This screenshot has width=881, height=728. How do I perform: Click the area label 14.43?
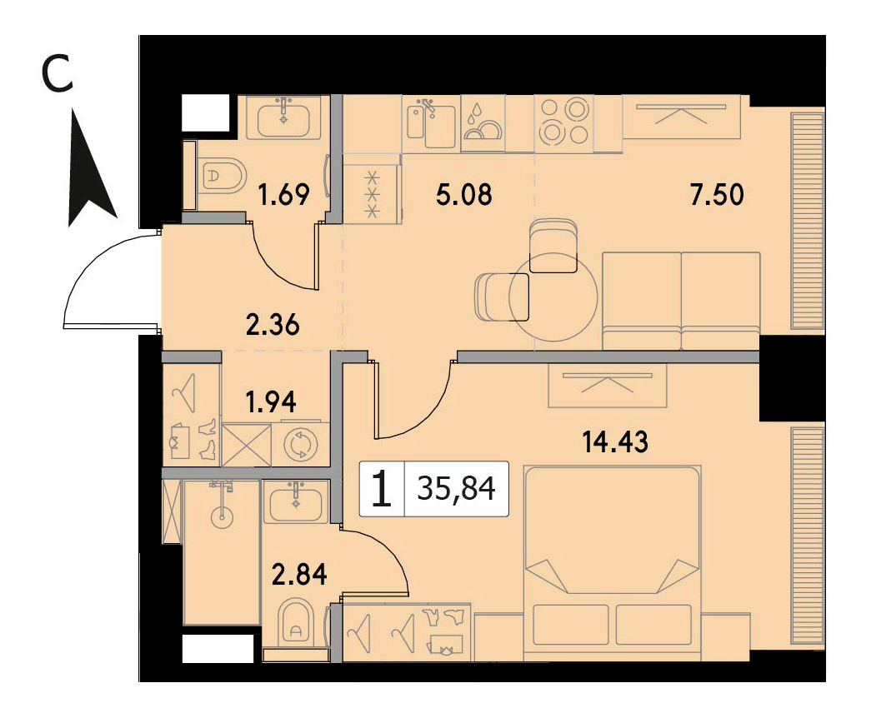pos(614,441)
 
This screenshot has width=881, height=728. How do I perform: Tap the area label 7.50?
pos(717,195)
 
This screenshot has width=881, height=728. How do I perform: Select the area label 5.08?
pos(464,195)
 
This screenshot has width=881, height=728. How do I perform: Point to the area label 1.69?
pos(283,195)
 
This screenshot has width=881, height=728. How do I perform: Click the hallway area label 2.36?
pos(273,324)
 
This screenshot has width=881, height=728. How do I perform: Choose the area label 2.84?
pos(299,575)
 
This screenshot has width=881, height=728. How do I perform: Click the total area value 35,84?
pos(456,489)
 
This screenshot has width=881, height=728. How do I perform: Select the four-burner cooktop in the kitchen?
pos(563,122)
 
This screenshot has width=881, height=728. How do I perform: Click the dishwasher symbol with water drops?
pos(483,123)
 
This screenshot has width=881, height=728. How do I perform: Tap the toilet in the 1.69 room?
pos(223,175)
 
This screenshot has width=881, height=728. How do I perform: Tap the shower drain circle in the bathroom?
pos(223,517)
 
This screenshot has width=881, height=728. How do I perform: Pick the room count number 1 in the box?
pos(382,489)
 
